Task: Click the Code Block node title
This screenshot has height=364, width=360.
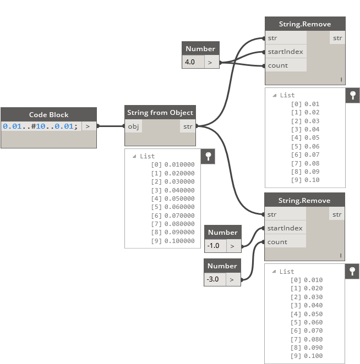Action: pyautogui.click(x=48, y=114)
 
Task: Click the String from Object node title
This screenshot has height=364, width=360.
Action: pyautogui.click(x=160, y=113)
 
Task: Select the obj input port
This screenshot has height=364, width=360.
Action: pyautogui.click(x=133, y=126)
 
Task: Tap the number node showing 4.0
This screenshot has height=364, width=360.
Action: pyautogui.click(x=190, y=62)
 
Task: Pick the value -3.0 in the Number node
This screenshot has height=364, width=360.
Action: pyautogui.click(x=212, y=279)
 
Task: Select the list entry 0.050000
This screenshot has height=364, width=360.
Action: pyautogui.click(x=179, y=198)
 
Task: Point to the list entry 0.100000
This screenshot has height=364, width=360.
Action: pyautogui.click(x=179, y=241)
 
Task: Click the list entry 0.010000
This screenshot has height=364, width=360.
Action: pyautogui.click(x=179, y=164)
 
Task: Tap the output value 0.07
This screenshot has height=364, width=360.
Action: pyautogui.click(x=312, y=155)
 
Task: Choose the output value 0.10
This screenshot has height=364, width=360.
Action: pyautogui.click(x=312, y=180)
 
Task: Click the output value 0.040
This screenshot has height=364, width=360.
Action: pyautogui.click(x=313, y=305)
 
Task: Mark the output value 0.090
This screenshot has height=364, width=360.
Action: pyautogui.click(x=313, y=348)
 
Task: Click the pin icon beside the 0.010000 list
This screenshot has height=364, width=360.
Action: pyautogui.click(x=208, y=156)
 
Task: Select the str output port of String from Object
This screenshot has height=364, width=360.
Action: pyautogui.click(x=188, y=126)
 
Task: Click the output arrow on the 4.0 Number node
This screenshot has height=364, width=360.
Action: pyautogui.click(x=210, y=62)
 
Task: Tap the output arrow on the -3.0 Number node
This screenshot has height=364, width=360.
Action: pyautogui.click(x=232, y=279)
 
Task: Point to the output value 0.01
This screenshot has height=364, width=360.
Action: pyautogui.click(x=312, y=104)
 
